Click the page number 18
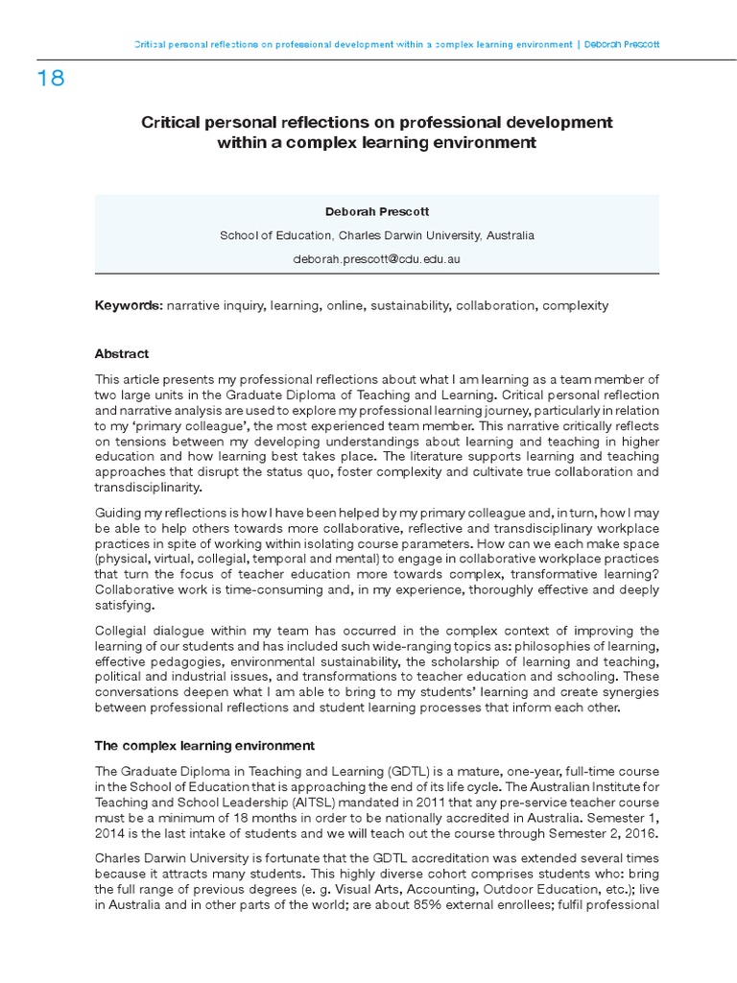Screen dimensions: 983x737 pos(51,79)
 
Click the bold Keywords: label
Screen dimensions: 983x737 pos(128,306)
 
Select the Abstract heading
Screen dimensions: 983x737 pos(121,353)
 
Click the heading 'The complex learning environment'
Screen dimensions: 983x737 pos(203,744)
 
